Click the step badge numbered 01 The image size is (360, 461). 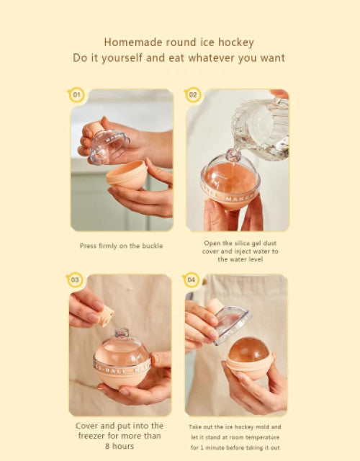pos(76,95)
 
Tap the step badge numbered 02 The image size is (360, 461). pos(193,95)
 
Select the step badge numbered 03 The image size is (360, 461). pos(75,279)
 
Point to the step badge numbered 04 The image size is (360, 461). pos(191,279)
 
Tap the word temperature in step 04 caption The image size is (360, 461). pos(262,437)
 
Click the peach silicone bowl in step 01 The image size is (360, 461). pos(127,175)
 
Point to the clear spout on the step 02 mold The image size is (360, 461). pos(233,155)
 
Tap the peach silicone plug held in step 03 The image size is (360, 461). pos(106,316)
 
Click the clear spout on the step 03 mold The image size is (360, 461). pos(122,333)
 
